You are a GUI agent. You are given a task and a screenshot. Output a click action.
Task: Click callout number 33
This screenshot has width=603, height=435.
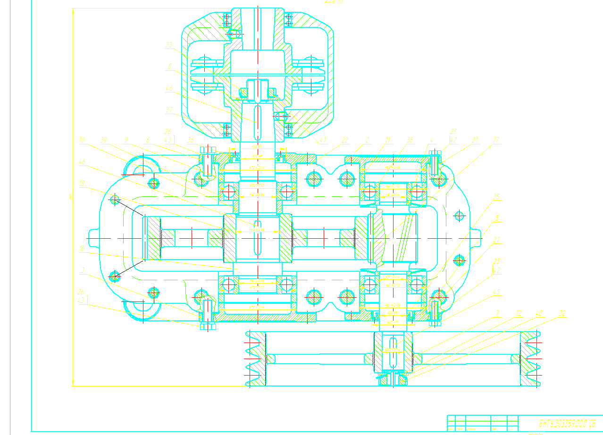pos(169,45)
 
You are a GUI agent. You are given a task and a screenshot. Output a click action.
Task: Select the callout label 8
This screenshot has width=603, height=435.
pos(169,67)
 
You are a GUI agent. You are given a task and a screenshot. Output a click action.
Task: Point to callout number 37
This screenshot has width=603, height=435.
pos(169,109)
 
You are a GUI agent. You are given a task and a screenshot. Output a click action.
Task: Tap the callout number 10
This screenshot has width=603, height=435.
pos(82,140)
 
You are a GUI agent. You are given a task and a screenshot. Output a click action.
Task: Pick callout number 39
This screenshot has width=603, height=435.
pos(104,140)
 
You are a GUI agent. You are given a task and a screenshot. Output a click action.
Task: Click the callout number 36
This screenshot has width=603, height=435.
pos(191,140)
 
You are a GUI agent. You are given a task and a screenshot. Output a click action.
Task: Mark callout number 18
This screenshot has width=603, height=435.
pos(82,184)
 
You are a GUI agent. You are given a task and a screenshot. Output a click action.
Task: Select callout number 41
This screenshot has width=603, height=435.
pos(323,140)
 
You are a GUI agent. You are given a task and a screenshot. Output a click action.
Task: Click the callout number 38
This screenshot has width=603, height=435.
pos(410,140)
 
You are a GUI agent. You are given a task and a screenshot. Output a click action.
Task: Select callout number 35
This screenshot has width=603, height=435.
pos(496,196)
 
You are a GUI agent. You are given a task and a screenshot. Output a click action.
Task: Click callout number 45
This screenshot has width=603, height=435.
pos(496,292)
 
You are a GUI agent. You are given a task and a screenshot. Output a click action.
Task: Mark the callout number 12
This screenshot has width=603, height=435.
pos(519,313)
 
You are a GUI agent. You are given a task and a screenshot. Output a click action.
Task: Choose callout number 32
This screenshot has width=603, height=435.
pos(562,313)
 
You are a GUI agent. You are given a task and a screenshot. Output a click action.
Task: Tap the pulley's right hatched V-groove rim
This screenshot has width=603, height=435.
pos(530,359)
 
